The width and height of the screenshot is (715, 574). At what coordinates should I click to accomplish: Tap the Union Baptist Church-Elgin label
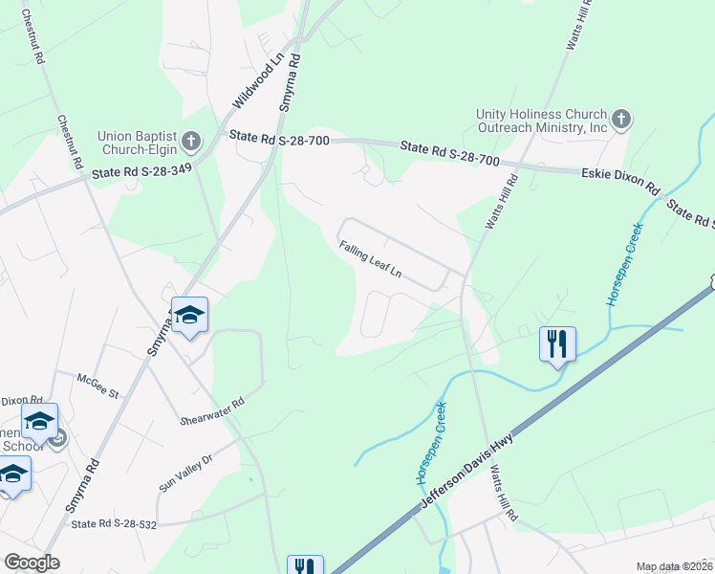(x=139, y=143)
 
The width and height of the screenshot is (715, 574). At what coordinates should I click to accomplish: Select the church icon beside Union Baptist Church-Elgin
(x=191, y=143)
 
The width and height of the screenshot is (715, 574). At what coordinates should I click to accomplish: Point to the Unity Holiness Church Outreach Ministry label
(x=542, y=121)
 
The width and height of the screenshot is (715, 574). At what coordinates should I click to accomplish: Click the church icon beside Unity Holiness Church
(x=621, y=120)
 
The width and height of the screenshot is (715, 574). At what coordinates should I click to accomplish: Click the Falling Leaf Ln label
(x=370, y=260)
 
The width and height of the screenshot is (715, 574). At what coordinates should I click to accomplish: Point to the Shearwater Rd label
(x=212, y=412)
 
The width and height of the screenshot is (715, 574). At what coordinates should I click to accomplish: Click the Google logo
(x=32, y=563)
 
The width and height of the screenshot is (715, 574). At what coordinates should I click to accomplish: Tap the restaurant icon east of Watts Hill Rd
(x=557, y=342)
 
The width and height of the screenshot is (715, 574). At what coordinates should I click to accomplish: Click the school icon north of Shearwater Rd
(x=189, y=317)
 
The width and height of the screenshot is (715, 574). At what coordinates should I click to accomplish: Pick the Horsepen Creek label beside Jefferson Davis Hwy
(x=433, y=443)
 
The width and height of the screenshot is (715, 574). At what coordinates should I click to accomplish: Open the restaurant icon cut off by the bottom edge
(x=305, y=566)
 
